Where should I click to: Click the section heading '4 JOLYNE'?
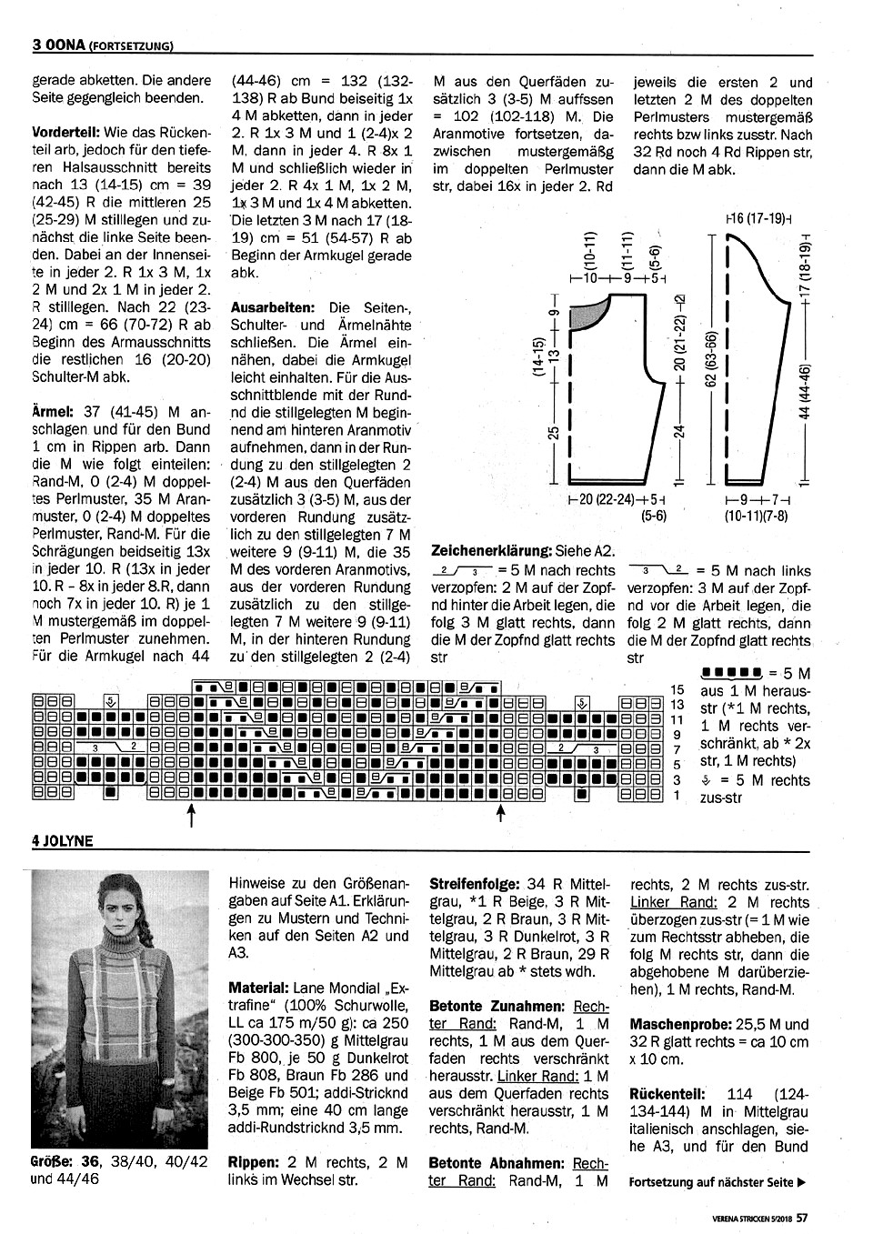63,841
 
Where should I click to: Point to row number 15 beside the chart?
677,690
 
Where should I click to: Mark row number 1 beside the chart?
677,796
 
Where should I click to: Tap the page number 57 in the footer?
803,1220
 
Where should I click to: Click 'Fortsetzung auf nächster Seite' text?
717,1183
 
